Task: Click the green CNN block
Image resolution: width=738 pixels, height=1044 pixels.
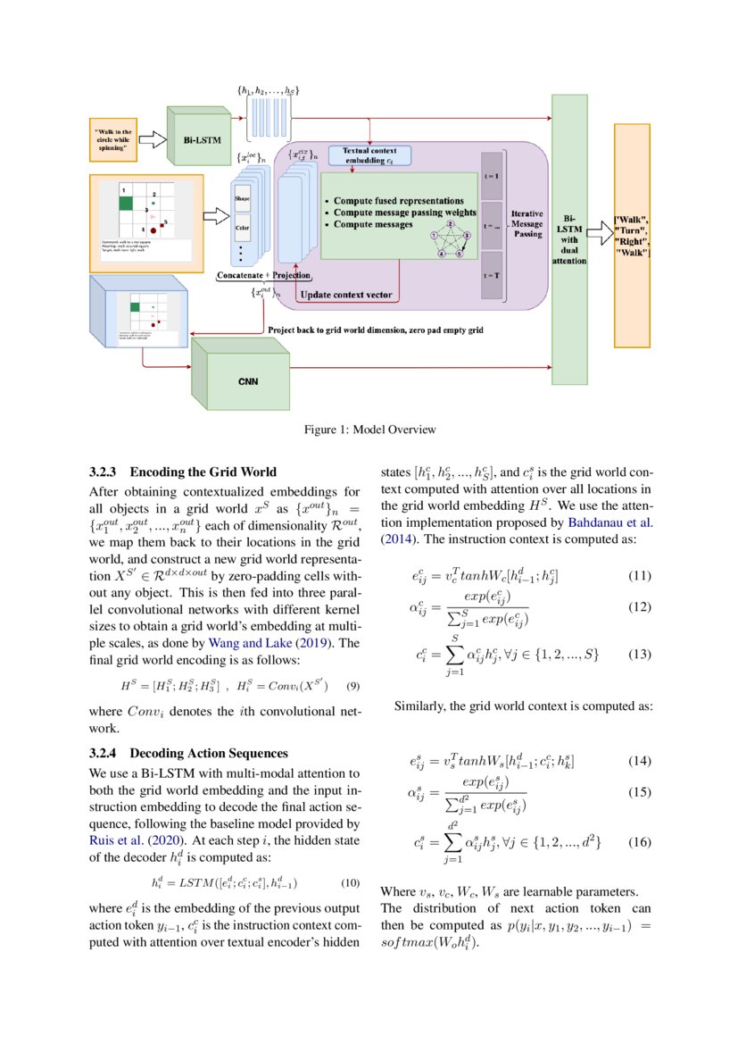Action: pos(240,380)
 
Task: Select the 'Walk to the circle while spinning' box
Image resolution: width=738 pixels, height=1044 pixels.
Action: pos(113,139)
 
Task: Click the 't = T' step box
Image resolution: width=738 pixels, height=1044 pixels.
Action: pos(492,276)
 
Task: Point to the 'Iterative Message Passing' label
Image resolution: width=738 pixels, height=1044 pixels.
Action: pos(527,224)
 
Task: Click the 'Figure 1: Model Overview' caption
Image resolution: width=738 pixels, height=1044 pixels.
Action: pos(369,430)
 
